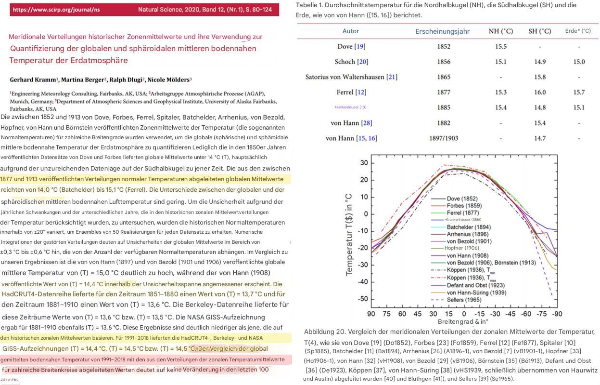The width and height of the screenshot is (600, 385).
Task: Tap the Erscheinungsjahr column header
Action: tap(442, 31)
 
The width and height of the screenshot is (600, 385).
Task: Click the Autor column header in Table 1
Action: tap(350, 31)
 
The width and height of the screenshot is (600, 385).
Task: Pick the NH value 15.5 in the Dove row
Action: tap(500, 47)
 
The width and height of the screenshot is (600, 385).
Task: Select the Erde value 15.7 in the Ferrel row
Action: tap(579, 92)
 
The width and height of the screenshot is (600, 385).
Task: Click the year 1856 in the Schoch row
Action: tap(444, 62)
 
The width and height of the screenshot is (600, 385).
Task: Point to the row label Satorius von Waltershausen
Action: tap(351, 77)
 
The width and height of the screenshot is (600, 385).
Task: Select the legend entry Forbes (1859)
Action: tap(465, 206)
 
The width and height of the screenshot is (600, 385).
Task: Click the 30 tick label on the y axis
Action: tap(363, 163)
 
